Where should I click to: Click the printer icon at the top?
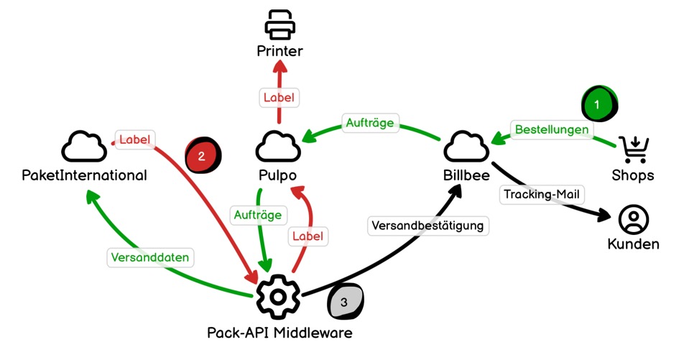[x=280, y=24]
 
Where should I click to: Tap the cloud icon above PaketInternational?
[x=85, y=147]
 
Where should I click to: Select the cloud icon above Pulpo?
[x=278, y=147]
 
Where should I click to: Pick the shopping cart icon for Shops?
[x=634, y=149]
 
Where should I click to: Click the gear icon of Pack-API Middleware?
[x=278, y=296]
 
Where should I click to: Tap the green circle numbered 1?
[x=598, y=104]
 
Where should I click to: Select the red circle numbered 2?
[x=203, y=155]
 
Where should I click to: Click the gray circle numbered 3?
[x=345, y=303]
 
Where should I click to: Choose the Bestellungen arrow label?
[x=553, y=129]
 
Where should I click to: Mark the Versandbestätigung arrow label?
[x=429, y=225]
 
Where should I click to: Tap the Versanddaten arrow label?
[x=152, y=257]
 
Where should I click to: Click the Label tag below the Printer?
[x=278, y=97]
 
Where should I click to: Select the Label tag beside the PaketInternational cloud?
[x=136, y=139]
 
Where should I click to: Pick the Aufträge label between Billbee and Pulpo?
[x=369, y=123]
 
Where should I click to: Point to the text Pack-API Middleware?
[x=279, y=333]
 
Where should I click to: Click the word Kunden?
[x=633, y=244]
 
